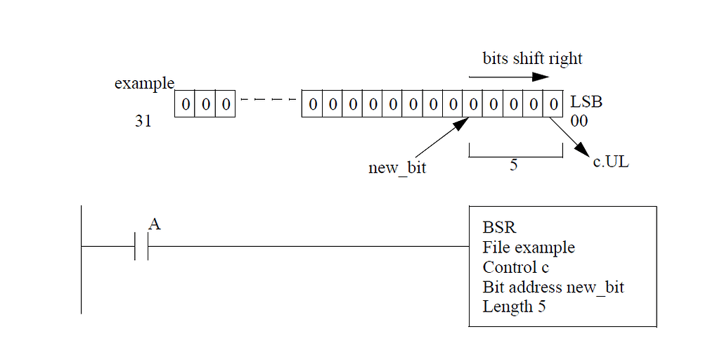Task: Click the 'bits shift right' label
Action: [x=532, y=58]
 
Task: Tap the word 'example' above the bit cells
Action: [x=144, y=84]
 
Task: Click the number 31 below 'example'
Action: [x=143, y=122]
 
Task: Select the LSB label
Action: [x=586, y=103]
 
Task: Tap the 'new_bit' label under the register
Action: [x=396, y=168]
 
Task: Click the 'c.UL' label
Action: [x=610, y=163]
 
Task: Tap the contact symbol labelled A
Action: [x=141, y=247]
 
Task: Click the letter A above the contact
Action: [x=155, y=224]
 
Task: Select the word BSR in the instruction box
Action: [x=499, y=228]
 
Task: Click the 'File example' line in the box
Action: [x=528, y=247]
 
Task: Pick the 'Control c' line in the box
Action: [x=515, y=267]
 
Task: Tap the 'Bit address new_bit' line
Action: [x=553, y=287]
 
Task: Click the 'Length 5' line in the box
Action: [x=514, y=307]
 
